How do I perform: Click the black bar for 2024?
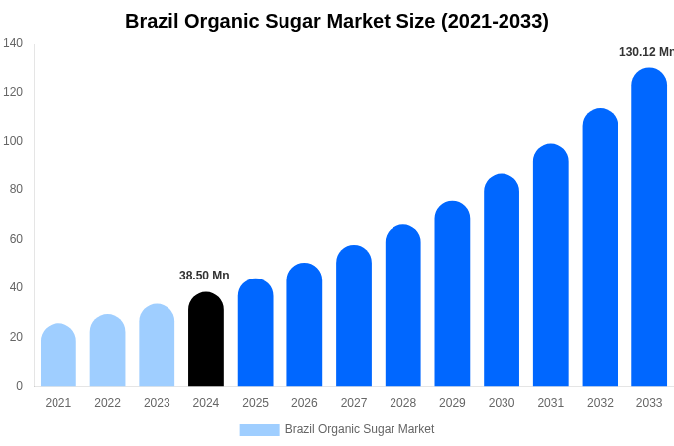206,340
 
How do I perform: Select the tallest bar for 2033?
649,228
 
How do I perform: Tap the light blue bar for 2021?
58,356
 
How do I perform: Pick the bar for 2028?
403,306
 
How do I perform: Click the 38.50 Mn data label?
204,276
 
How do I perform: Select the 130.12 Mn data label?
645,52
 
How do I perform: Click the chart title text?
336,21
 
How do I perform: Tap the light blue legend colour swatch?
259,429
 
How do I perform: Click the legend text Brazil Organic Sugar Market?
360,429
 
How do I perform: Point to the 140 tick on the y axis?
13,43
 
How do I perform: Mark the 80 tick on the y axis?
16,189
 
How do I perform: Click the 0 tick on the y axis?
19,386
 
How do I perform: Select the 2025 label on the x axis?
256,403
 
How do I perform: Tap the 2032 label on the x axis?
600,403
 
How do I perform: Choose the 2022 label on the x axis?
108,403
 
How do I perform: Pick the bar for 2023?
157,346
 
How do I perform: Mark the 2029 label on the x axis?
452,403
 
